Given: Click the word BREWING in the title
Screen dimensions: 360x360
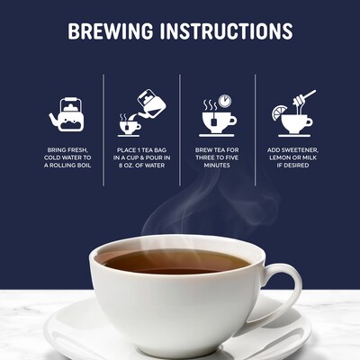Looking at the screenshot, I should click(114, 31).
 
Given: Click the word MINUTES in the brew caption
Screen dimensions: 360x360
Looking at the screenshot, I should click(217, 166).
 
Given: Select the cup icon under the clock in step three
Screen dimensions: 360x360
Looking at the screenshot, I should click(216, 120).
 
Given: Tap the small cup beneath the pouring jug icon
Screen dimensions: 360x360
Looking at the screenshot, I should click(129, 124).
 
